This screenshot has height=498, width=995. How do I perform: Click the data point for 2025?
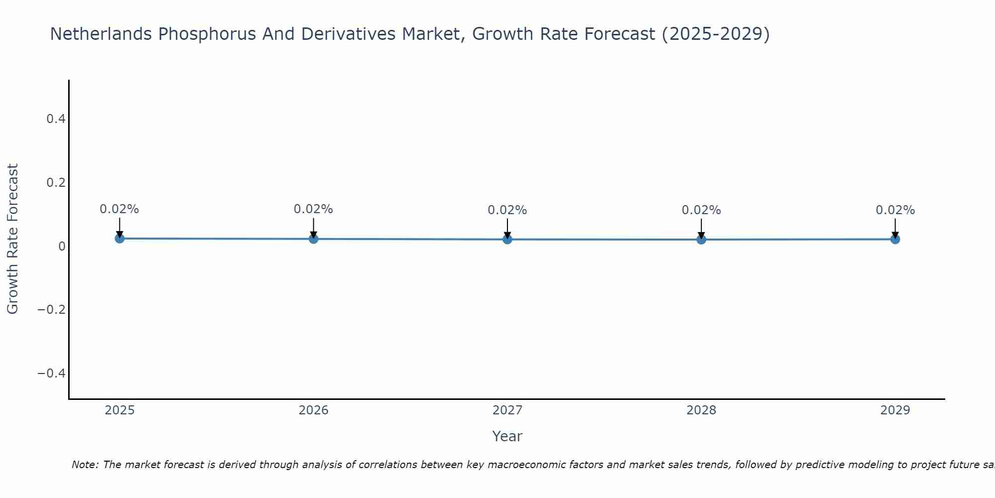click(119, 239)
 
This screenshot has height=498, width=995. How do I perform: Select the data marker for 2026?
click(313, 239)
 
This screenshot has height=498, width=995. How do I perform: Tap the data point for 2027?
click(507, 240)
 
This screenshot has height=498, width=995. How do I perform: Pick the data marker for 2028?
click(701, 240)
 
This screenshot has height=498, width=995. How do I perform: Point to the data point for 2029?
click(895, 240)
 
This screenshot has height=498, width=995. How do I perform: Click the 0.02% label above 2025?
click(119, 209)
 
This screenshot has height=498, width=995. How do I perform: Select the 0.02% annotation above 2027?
click(507, 210)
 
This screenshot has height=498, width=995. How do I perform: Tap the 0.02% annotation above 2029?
click(895, 210)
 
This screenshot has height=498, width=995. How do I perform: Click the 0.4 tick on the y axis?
click(56, 119)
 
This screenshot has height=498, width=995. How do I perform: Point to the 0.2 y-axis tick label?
click(56, 183)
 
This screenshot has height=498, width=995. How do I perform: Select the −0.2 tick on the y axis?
click(52, 310)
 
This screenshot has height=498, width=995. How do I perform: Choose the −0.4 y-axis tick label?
click(52, 373)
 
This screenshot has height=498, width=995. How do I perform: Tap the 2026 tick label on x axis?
click(313, 410)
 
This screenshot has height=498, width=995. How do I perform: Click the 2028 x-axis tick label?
click(701, 410)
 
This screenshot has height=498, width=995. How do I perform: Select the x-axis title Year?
click(507, 436)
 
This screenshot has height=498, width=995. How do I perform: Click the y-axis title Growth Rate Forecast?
click(12, 239)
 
